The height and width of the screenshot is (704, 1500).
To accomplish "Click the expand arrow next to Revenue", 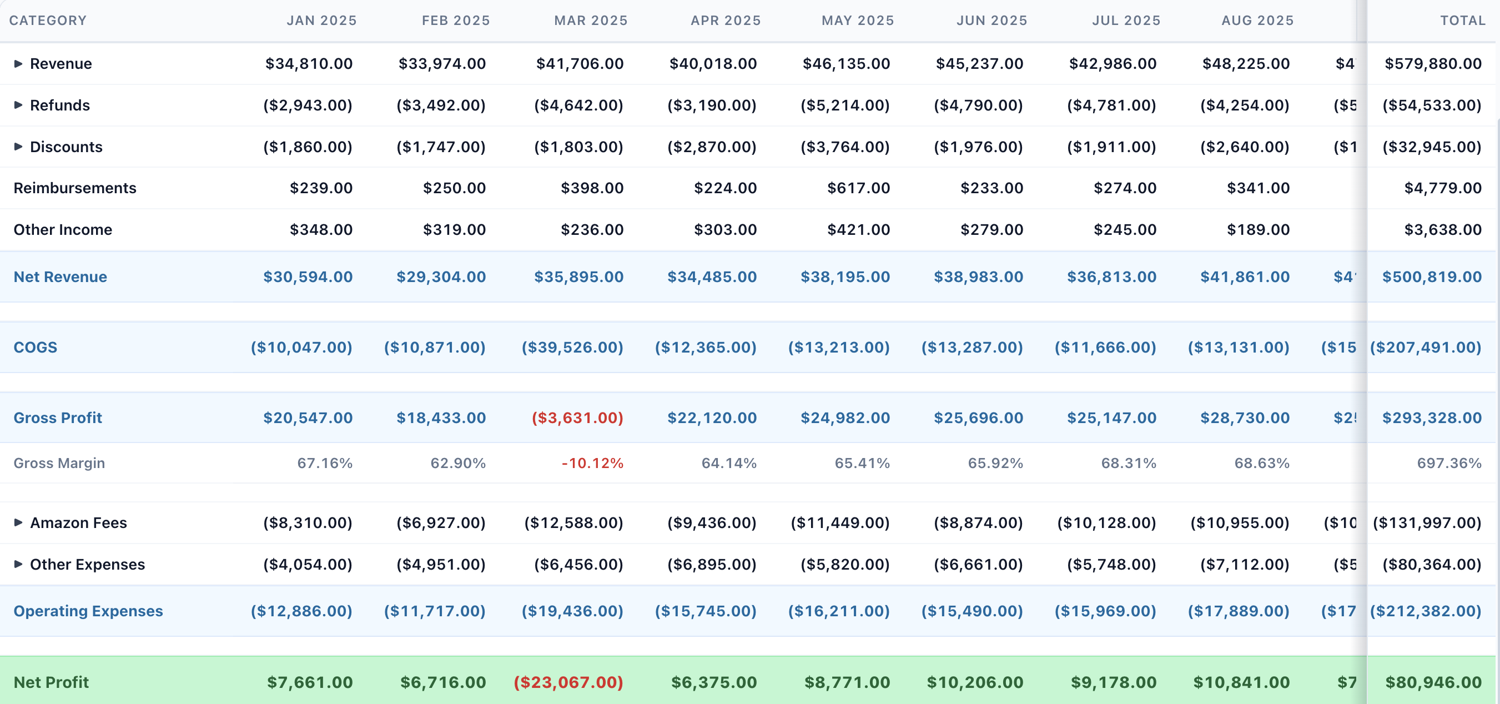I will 18,63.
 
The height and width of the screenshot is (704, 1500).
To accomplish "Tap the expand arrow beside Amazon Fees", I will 18,522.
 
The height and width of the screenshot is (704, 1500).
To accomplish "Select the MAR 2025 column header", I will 591,21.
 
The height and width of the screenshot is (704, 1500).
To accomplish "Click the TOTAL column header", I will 1462,21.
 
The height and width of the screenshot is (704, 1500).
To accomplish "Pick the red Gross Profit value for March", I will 577,418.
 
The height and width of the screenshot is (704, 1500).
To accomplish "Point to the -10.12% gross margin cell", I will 592,463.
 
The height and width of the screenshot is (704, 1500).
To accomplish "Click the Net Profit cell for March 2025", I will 568,682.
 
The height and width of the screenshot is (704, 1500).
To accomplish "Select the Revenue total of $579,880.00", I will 1432,63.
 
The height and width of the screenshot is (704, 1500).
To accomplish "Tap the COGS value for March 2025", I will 572,347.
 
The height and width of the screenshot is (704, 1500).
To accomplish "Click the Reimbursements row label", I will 74,188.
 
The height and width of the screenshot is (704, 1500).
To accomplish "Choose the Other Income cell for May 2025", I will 858,229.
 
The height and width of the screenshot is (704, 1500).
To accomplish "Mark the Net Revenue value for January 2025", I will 308,276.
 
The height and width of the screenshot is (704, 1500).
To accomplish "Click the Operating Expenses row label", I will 88,611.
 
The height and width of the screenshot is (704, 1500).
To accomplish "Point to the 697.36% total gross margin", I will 1449,463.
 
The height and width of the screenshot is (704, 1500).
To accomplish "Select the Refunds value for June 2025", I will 978,105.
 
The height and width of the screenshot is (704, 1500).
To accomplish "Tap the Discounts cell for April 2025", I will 712,147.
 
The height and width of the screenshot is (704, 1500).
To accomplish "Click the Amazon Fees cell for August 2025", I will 1239,522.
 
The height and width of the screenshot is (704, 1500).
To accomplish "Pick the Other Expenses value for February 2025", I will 441,564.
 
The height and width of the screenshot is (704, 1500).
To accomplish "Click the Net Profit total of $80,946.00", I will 1433,682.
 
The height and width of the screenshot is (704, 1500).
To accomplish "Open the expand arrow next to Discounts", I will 18,147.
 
